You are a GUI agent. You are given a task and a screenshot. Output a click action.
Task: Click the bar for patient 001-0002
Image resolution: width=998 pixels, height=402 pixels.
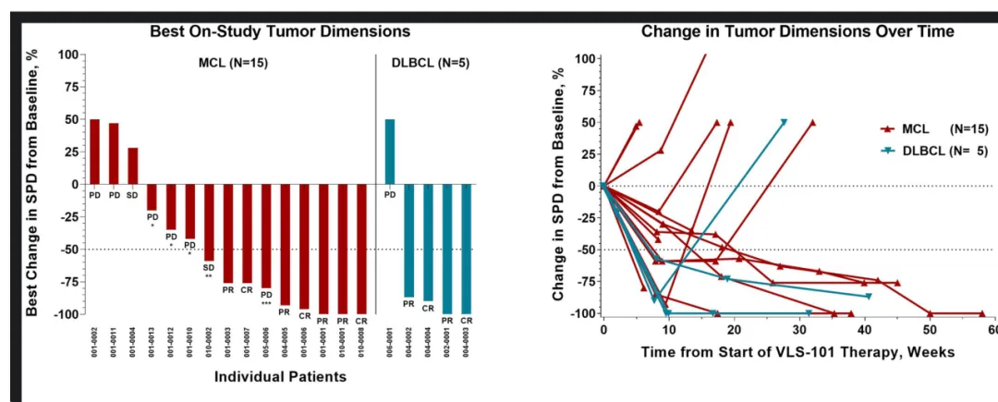click(94, 152)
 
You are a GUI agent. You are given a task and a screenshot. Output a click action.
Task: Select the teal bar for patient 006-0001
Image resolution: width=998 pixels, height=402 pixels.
click(390, 152)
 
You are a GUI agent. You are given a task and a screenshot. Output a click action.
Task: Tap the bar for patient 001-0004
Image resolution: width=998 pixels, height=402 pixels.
click(133, 165)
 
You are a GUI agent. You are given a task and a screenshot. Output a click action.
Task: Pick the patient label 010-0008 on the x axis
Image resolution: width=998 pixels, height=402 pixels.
click(361, 343)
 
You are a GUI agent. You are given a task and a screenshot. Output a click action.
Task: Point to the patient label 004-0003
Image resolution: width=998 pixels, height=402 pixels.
click(467, 343)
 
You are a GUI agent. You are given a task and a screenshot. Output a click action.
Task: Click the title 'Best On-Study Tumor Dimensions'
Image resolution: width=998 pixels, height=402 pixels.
click(280, 31)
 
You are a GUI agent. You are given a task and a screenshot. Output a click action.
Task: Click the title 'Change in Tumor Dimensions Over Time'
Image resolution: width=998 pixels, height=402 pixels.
click(797, 31)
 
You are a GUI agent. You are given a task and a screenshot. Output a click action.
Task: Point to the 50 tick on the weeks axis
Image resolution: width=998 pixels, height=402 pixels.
click(931, 330)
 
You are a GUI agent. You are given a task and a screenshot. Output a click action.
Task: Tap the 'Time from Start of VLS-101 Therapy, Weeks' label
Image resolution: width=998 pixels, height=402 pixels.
click(797, 352)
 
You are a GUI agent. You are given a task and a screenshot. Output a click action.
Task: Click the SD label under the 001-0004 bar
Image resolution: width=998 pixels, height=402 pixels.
click(133, 195)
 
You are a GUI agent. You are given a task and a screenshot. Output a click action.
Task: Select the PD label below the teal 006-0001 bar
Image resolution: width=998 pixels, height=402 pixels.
click(390, 195)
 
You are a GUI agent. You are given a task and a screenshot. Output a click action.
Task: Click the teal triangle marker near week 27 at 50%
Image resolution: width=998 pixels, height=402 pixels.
click(784, 122)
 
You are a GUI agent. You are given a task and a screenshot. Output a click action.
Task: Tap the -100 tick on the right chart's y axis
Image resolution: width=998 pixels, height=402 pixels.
click(580, 313)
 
